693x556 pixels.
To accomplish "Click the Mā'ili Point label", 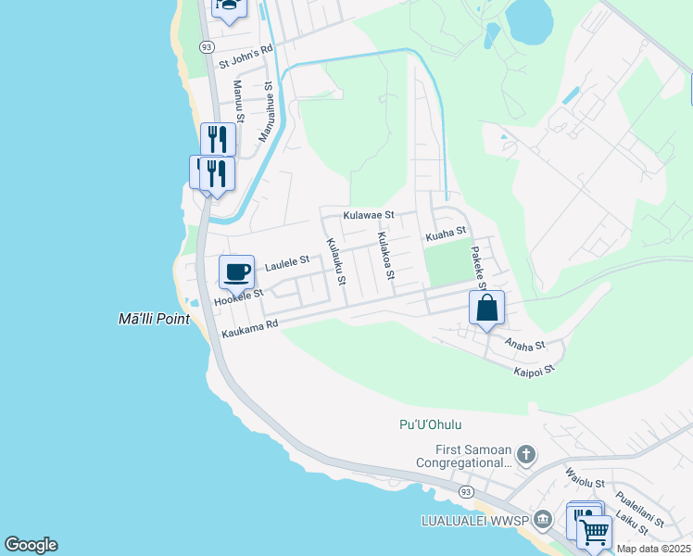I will tap(154, 319).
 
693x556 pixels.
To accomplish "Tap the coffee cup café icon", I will tap(236, 272).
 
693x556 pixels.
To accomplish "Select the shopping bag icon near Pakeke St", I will tap(486, 309).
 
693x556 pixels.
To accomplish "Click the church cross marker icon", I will tap(526, 454).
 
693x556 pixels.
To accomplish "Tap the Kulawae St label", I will tap(369, 215).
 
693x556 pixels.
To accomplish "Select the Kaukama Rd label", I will tap(249, 326).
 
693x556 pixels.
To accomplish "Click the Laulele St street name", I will tap(286, 264).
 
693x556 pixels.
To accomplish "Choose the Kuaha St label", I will tap(445, 236).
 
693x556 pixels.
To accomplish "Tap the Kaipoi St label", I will tap(534, 370).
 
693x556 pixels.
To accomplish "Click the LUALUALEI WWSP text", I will tap(474, 517).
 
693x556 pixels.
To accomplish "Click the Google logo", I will tap(31, 545).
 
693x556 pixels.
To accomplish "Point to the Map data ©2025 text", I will tap(654, 549).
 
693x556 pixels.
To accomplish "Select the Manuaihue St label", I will tap(266, 111).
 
